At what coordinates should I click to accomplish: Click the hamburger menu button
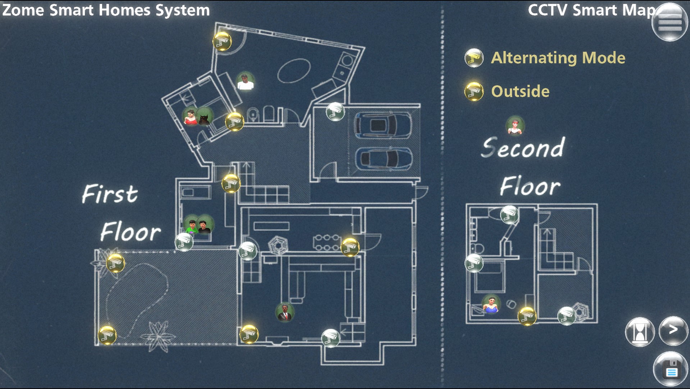(670, 22)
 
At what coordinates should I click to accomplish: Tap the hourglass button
(640, 331)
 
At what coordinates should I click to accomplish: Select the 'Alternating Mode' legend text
(558, 58)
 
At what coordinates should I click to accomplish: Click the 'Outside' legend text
(520, 91)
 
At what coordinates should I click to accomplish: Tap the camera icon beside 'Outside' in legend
(474, 91)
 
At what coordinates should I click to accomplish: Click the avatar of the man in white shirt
(246, 81)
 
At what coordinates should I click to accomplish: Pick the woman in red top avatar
(190, 116)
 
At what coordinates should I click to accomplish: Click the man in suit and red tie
(285, 312)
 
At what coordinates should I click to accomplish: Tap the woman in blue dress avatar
(491, 304)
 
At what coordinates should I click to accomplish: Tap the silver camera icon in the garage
(335, 111)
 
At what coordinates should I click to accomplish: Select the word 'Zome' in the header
(23, 10)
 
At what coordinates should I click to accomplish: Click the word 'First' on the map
(110, 194)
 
